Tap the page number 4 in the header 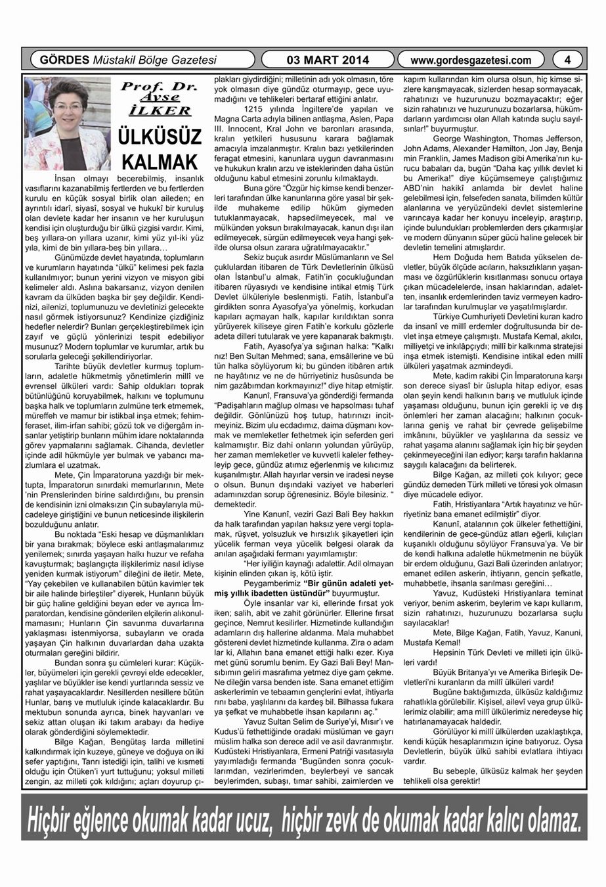click(x=568, y=60)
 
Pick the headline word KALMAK click(x=160, y=162)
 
